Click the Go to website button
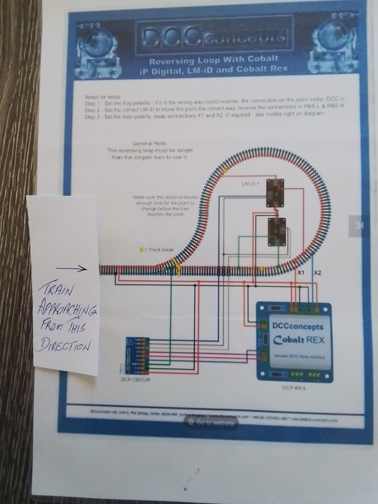[210, 423]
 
